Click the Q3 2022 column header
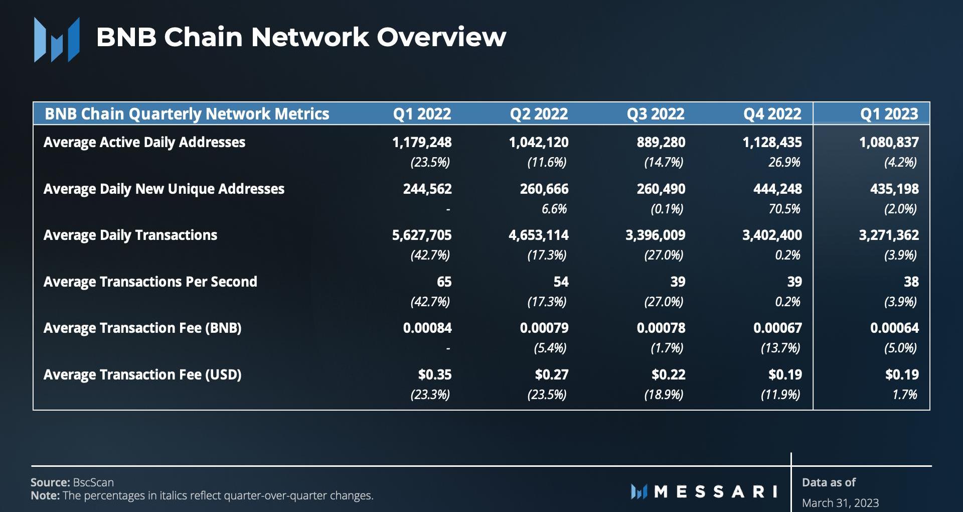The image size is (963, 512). (656, 114)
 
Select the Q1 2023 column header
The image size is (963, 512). (889, 114)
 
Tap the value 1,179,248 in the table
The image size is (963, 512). (422, 143)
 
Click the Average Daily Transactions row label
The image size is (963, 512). (130, 235)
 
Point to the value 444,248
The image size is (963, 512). (777, 189)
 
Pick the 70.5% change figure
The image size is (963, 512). (784, 209)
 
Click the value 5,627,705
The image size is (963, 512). (422, 235)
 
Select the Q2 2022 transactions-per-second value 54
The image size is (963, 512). (561, 282)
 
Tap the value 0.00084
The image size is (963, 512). (427, 328)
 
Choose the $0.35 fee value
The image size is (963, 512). (435, 375)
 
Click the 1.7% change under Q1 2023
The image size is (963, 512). (904, 395)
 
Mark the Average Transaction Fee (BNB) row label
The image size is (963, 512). (142, 328)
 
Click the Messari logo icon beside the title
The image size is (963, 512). (57, 39)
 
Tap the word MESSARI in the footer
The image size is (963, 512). (716, 491)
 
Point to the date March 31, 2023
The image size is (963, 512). (840, 502)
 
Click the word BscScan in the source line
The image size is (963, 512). (93, 482)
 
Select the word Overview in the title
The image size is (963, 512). (441, 37)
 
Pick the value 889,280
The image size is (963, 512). (661, 143)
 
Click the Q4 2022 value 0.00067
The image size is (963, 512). (777, 328)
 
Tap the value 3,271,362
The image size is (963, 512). (889, 235)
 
